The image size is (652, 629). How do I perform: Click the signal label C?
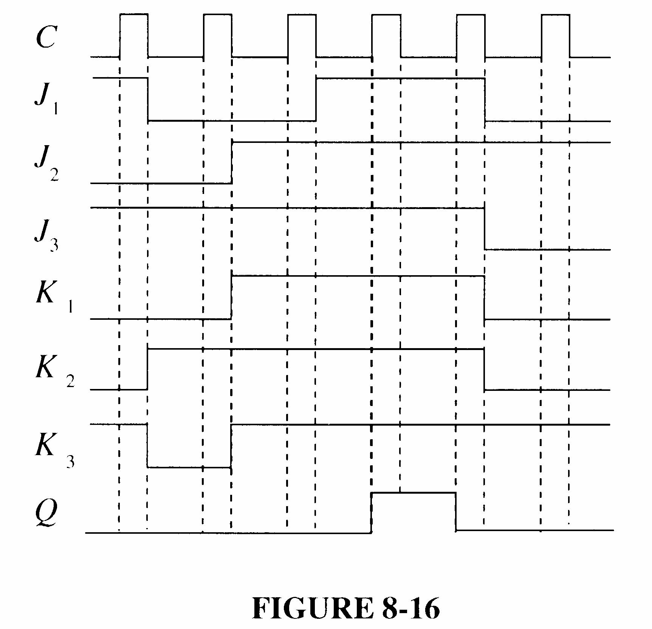46,38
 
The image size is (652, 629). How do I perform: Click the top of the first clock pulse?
134,14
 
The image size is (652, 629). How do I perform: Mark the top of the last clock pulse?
556,14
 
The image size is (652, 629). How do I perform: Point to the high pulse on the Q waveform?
414,493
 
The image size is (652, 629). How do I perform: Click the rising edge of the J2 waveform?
232,163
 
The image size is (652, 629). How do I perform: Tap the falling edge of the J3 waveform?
485,229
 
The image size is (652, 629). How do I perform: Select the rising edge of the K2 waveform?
147,369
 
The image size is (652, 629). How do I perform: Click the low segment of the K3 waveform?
189,467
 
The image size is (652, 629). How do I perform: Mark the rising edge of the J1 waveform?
316,99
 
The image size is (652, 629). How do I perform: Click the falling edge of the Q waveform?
456,511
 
